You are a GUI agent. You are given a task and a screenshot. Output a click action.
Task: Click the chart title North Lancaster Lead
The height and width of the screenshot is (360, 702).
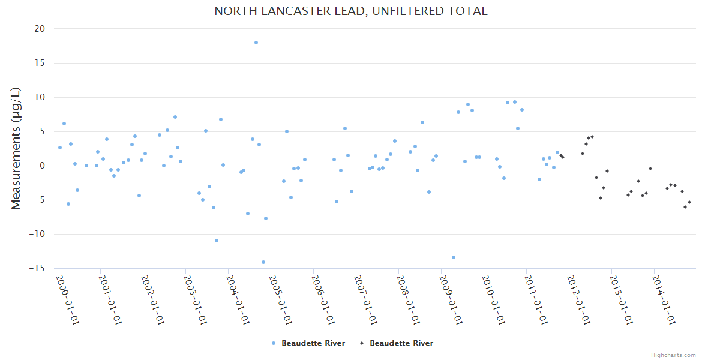tap(351, 11)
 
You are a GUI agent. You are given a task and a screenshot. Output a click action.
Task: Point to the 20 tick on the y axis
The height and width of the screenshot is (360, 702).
tap(40, 29)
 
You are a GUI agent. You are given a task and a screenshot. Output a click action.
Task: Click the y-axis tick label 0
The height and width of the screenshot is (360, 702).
tap(42, 166)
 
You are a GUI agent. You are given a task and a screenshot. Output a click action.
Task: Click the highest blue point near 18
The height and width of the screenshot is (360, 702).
tap(256, 43)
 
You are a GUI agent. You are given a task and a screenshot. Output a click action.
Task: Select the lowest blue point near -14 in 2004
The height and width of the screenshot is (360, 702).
tap(263, 262)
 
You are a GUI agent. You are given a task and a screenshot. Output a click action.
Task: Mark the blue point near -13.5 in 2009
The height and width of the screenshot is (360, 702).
tap(454, 257)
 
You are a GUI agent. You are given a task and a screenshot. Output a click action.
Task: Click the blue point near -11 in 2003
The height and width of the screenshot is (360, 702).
tap(217, 241)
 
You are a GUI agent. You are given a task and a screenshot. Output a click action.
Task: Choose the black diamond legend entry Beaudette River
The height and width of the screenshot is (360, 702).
tap(397, 343)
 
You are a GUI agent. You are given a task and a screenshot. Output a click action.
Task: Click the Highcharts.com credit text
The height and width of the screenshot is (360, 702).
tap(673, 355)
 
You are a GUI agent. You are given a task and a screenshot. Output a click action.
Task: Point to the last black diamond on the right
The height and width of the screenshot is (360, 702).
tap(689, 202)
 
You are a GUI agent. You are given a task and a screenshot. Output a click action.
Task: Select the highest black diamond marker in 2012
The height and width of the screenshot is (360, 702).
tap(592, 137)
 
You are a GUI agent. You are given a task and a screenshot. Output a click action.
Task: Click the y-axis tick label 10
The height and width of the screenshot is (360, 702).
tap(40, 97)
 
